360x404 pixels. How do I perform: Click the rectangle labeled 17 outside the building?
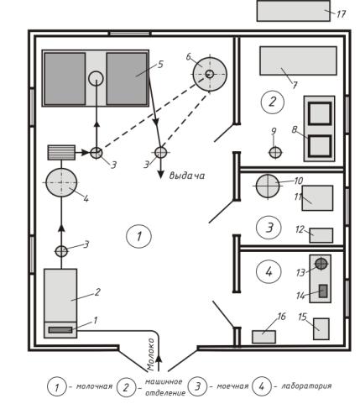click(x=294, y=11)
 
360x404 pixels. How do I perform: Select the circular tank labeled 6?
click(x=210, y=74)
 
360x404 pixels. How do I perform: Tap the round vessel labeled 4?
click(x=61, y=182)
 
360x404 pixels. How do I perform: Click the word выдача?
click(x=187, y=176)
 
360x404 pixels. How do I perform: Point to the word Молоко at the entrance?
click(x=151, y=354)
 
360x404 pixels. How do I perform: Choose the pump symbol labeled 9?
click(x=275, y=153)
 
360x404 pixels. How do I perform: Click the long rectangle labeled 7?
click(x=298, y=60)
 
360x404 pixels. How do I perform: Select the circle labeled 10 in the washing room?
click(x=268, y=186)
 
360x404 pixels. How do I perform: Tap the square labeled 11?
click(x=317, y=198)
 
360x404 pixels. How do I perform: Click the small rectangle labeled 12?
click(x=321, y=235)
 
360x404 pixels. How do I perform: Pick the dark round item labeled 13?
click(x=321, y=264)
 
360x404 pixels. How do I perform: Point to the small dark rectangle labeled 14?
click(x=323, y=291)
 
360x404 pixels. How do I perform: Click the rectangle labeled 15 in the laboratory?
click(x=321, y=329)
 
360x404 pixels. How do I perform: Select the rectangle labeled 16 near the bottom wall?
click(x=264, y=337)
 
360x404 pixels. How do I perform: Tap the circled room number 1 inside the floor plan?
click(x=139, y=236)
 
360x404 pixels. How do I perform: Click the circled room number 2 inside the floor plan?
click(x=273, y=102)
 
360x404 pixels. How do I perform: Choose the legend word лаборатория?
click(x=306, y=386)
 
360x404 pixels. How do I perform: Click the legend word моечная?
click(x=232, y=386)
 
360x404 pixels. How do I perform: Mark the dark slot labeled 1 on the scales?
click(x=60, y=330)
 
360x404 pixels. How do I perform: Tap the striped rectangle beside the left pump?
click(x=61, y=153)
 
